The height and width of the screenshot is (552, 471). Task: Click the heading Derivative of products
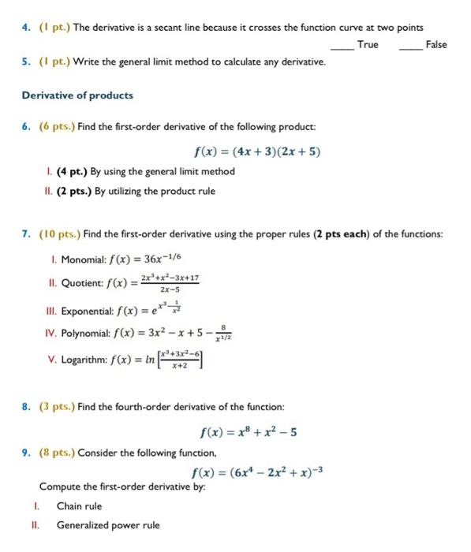coord(77,95)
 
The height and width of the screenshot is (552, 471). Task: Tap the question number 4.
coord(25,28)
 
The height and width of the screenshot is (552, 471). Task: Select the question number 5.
coord(25,61)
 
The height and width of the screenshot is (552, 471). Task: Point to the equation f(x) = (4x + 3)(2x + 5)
coord(256,152)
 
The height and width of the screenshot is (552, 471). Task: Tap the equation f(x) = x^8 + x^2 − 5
coord(246,432)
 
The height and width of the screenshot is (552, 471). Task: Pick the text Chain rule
coord(79,505)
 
